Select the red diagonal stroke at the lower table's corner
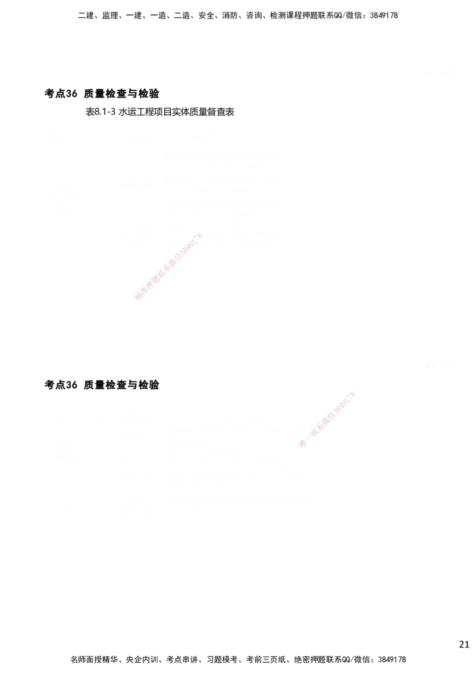[x=327, y=419]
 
